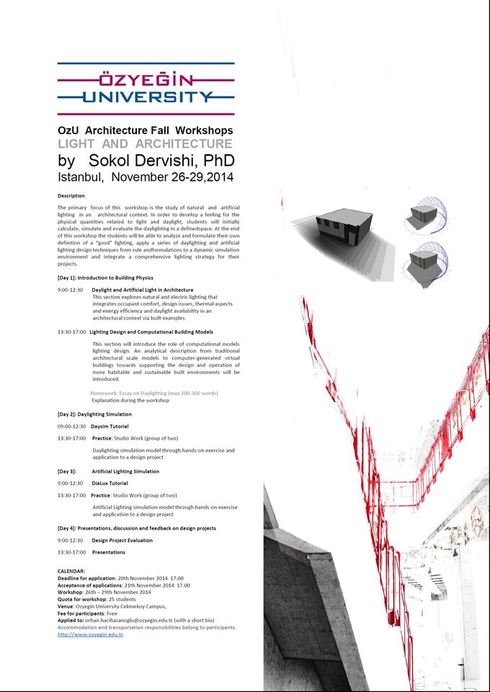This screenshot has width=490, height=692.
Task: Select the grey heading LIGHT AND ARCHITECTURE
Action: tap(145, 144)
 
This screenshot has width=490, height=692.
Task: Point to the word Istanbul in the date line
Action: tap(81, 177)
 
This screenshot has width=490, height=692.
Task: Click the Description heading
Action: tap(71, 195)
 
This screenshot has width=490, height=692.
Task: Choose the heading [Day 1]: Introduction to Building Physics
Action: tap(105, 278)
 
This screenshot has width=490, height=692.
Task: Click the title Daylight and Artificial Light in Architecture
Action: tap(143, 290)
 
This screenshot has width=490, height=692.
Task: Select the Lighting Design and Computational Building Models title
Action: tap(151, 332)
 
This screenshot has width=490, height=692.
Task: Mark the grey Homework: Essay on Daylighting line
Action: tap(154, 393)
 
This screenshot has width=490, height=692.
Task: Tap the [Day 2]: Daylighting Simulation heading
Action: tap(94, 414)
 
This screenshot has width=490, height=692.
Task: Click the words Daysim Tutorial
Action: tap(110, 427)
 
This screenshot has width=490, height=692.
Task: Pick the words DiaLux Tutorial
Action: tap(110, 483)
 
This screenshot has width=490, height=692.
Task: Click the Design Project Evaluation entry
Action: tap(122, 540)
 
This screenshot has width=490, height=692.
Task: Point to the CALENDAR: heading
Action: tap(71, 571)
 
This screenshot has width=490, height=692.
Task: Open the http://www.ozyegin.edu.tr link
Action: tap(90, 634)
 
